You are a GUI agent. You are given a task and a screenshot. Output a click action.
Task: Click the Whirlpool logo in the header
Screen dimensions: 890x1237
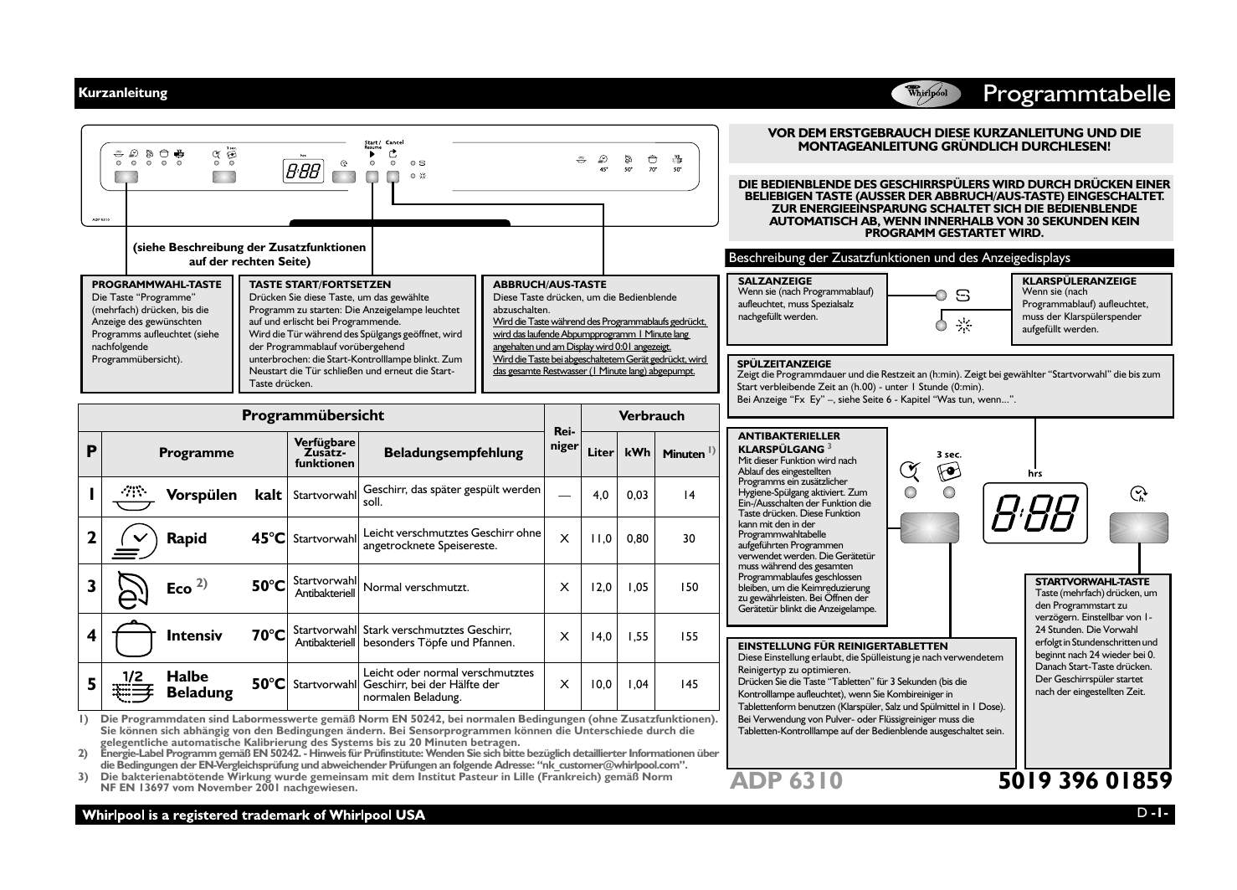926,94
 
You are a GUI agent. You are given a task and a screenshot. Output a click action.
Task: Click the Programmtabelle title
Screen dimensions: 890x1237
1076,94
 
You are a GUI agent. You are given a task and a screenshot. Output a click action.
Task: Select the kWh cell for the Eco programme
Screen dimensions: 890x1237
637,588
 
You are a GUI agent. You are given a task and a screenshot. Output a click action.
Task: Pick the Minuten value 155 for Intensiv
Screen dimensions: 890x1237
688,636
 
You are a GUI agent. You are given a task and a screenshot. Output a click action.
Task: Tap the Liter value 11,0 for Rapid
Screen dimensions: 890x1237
600,539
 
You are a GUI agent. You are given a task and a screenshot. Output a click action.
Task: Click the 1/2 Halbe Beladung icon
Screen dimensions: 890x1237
133,685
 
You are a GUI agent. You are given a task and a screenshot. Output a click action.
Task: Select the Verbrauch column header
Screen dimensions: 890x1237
651,416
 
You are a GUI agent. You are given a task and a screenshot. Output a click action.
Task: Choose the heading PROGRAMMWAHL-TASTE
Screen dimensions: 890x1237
157,285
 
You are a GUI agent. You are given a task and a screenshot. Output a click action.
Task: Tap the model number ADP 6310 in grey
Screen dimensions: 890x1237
786,780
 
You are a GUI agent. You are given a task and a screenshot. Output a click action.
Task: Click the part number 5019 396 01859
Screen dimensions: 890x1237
1085,780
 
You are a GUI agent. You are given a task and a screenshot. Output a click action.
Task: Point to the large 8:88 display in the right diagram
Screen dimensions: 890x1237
1034,512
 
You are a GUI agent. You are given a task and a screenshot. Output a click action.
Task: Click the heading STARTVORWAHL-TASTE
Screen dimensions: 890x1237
1092,582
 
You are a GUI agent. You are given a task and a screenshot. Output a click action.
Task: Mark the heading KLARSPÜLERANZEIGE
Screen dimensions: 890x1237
1080,281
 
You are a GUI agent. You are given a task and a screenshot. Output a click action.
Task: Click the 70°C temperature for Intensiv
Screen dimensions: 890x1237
268,636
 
